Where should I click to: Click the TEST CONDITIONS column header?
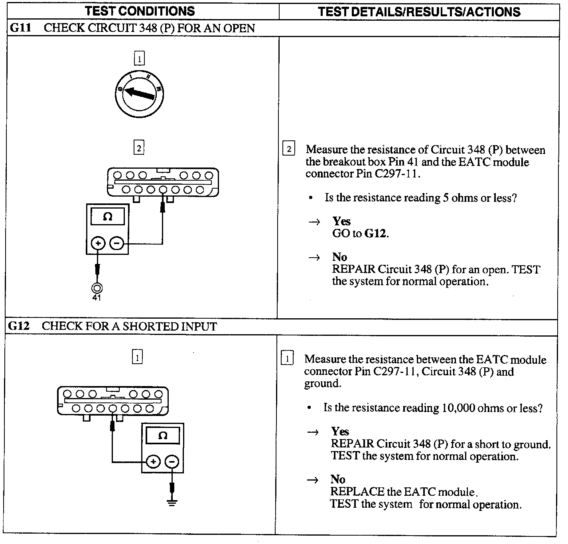pyautogui.click(x=140, y=11)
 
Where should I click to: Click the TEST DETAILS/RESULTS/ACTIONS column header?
pyautogui.click(x=419, y=12)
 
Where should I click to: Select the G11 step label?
pyautogui.click(x=20, y=28)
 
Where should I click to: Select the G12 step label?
pyautogui.click(x=19, y=326)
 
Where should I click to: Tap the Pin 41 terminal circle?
pyautogui.click(x=97, y=288)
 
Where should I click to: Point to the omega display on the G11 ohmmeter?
pyautogui.click(x=107, y=217)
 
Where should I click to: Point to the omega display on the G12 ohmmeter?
pyautogui.click(x=162, y=436)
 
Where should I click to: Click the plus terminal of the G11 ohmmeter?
pyautogui.click(x=98, y=243)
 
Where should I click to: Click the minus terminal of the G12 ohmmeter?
pyautogui.click(x=172, y=462)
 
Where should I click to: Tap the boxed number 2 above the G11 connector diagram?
pyautogui.click(x=138, y=148)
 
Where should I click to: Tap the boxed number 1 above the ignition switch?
pyautogui.click(x=139, y=59)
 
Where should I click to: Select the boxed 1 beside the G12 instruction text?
pyautogui.click(x=287, y=358)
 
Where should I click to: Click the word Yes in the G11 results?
pyautogui.click(x=341, y=221)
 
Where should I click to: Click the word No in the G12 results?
pyautogui.click(x=338, y=479)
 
